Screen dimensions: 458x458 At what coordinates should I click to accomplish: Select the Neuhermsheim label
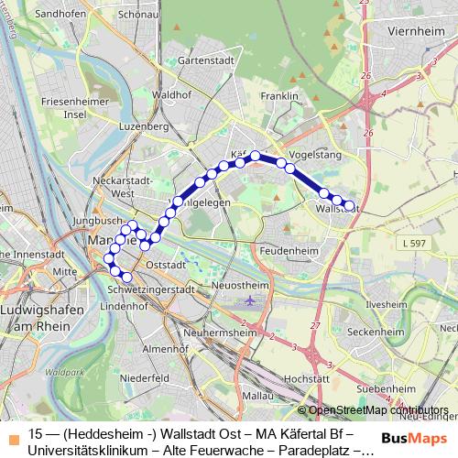[x=217, y=332]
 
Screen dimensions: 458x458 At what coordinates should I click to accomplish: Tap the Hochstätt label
[x=308, y=377]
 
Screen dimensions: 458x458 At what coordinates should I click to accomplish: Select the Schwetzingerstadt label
[x=152, y=289]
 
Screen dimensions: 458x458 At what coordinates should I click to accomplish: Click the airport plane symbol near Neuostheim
[x=251, y=300]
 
